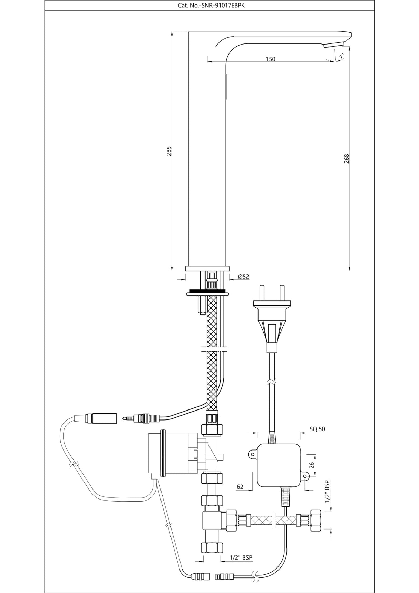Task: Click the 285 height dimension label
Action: click(x=169, y=151)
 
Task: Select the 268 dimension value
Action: click(x=347, y=159)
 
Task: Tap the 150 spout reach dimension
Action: click(x=271, y=59)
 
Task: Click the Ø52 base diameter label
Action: click(x=243, y=276)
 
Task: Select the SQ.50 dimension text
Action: click(x=317, y=429)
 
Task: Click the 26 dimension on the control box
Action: click(x=311, y=465)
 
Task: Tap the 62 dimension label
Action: click(x=240, y=487)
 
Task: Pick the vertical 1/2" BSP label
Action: click(x=327, y=492)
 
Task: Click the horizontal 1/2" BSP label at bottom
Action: click(x=241, y=557)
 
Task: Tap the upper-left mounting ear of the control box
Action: click(x=253, y=454)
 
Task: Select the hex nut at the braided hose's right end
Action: click(x=315, y=520)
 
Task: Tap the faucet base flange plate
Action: click(x=207, y=268)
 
